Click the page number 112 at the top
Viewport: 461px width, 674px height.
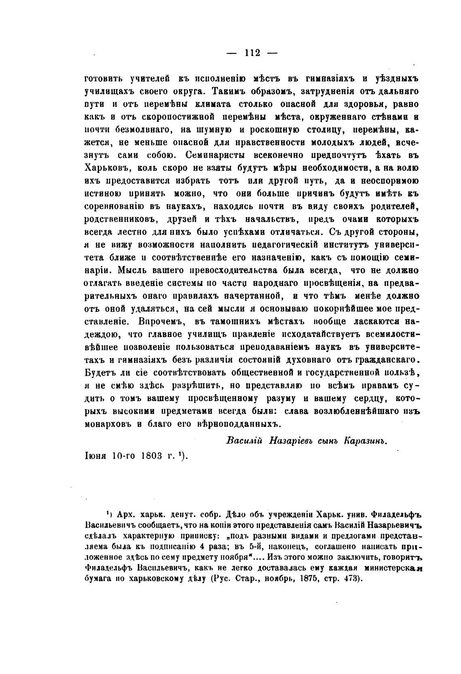(252, 53)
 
